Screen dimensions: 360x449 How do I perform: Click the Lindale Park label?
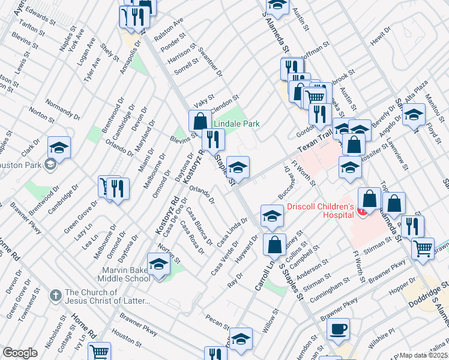pos(238,124)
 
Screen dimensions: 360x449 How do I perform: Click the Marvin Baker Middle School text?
pos(125,274)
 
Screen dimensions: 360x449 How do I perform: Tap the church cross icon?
pos(55,295)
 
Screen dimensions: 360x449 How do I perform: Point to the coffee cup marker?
pos(338,328)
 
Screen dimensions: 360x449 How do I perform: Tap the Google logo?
pos(20,353)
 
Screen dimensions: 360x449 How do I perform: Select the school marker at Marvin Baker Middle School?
pos(158,265)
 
